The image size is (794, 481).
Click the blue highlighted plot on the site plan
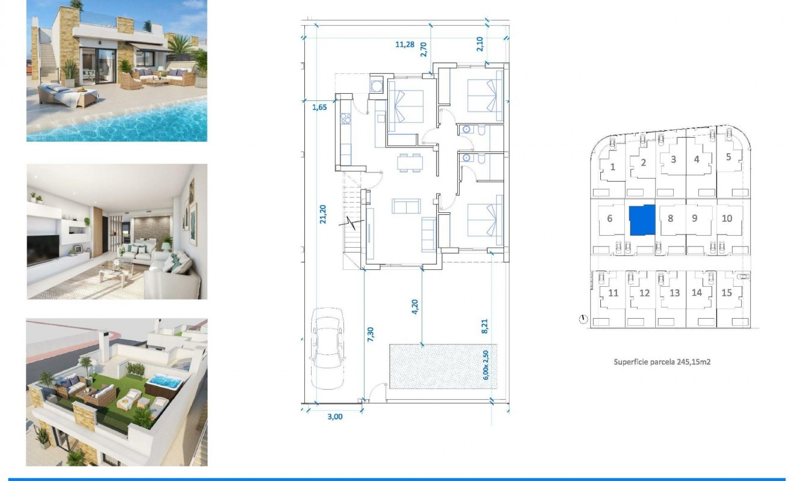(642, 220)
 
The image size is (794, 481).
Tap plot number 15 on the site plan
(727, 293)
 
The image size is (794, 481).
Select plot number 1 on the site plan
(612, 167)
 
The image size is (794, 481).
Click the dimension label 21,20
(322, 213)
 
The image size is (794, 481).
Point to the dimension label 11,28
(404, 44)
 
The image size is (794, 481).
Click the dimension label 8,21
(485, 326)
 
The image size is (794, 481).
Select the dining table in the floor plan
(410, 163)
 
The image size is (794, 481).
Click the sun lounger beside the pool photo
(66, 95)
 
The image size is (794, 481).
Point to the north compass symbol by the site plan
(582, 319)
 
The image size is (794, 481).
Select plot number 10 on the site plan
(727, 218)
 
